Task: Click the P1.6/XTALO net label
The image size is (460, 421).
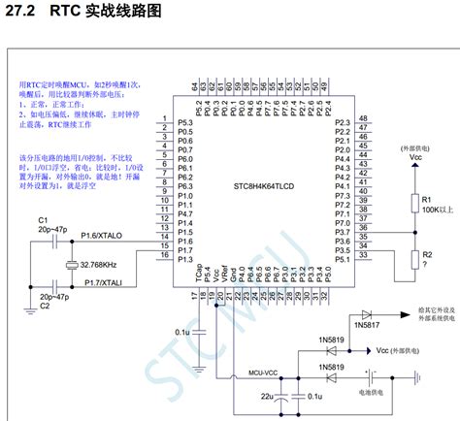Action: click(x=105, y=235)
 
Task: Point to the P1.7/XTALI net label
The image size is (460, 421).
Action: click(x=106, y=282)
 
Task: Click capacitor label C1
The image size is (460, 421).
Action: click(x=43, y=220)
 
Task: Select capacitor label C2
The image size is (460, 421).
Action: click(x=43, y=306)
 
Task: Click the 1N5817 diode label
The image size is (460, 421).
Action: click(x=367, y=326)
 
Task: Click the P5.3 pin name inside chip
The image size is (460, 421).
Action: click(x=185, y=123)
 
